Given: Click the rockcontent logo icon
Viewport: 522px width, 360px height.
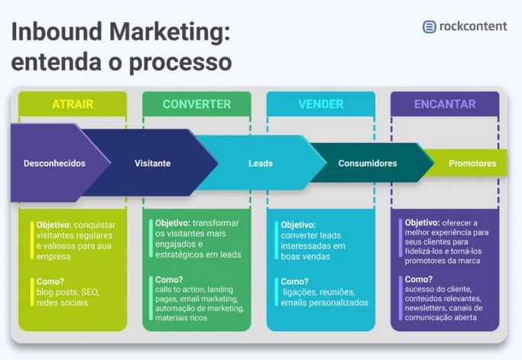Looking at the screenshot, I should coord(430,27).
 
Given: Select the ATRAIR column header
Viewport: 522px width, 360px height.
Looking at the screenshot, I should coord(73,104).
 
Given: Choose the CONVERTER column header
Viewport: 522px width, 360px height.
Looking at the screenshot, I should coord(196,104).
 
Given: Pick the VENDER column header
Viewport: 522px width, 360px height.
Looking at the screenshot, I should coord(321,104).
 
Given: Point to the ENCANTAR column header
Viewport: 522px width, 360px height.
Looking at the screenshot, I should coord(445,104).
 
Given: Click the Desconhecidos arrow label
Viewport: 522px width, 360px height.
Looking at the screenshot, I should coord(54,163).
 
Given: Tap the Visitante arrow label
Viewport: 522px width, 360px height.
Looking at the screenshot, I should coord(153,163).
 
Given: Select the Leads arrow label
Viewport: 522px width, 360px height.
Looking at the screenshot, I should coord(261,163).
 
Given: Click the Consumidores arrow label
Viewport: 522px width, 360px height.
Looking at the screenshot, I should coord(368,163).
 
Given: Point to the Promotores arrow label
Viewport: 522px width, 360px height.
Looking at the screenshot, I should coord(472,163).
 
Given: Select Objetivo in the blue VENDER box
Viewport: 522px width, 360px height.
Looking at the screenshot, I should coord(298,225).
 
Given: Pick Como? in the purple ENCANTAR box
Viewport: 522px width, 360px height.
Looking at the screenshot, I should coord(419,280).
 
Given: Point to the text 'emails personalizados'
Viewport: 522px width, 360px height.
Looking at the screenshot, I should coord(324,303).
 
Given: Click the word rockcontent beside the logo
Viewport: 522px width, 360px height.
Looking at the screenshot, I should coord(472,27).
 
